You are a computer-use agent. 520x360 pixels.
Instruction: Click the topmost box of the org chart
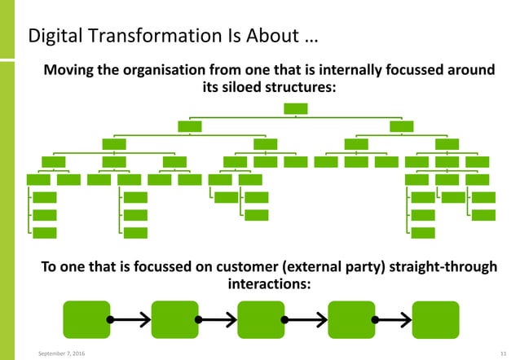coord(295,108)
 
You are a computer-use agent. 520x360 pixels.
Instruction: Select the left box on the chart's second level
coord(189,125)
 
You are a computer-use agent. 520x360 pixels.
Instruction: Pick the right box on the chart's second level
coord(401,125)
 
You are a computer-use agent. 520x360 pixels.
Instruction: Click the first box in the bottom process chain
coord(86,318)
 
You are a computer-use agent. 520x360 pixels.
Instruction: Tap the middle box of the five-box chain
coord(260,318)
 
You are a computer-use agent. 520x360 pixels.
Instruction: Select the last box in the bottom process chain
coord(435,318)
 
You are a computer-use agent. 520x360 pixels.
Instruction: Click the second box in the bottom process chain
coord(174,318)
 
